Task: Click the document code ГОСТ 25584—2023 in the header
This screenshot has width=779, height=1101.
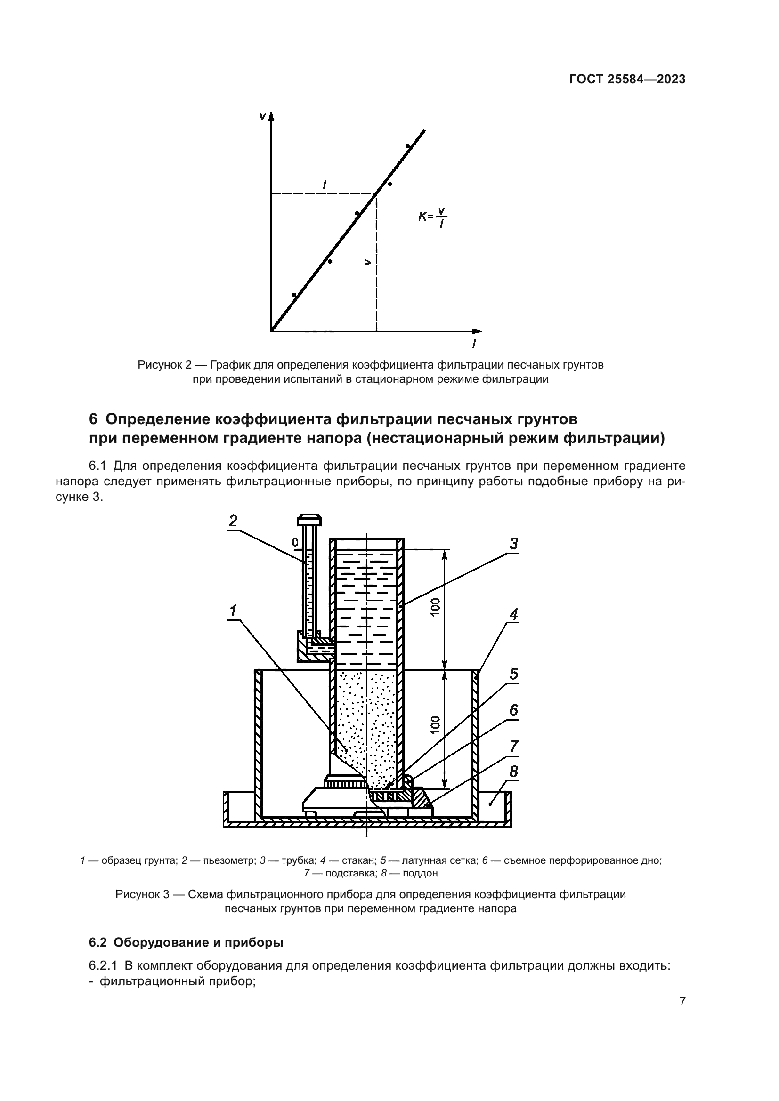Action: point(627,80)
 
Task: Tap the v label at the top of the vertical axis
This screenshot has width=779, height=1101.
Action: point(262,117)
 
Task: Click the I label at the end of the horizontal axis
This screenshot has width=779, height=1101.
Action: point(474,343)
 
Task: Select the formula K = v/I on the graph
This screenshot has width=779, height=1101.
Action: point(433,217)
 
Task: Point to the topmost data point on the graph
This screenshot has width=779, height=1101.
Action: point(407,146)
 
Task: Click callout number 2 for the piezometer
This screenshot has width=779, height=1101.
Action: point(233,521)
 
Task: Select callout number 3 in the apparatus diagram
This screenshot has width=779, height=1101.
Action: point(513,544)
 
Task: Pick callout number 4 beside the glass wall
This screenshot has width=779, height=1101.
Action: point(513,614)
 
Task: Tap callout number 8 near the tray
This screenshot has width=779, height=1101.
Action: point(513,772)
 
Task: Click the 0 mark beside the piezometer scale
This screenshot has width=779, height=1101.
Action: point(295,542)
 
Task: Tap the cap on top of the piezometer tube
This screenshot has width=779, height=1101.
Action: point(309,520)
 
